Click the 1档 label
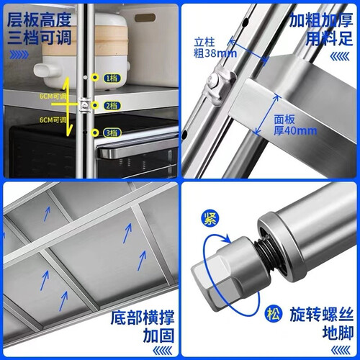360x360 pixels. click(112, 78)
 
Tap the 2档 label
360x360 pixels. click(112, 105)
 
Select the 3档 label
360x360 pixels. click(112, 132)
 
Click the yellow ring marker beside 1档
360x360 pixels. click(95, 78)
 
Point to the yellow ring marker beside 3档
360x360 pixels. click(95, 132)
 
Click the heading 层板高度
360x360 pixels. click(40, 19)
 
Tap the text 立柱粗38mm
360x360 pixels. click(215, 48)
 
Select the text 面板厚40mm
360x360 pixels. click(295, 125)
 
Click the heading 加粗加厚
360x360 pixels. click(321, 19)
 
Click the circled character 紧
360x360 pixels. click(210, 218)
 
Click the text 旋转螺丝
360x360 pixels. click(322, 314)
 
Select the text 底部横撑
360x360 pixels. click(143, 318)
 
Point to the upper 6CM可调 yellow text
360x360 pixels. click(53, 96)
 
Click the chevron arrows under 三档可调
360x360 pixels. click(19, 55)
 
